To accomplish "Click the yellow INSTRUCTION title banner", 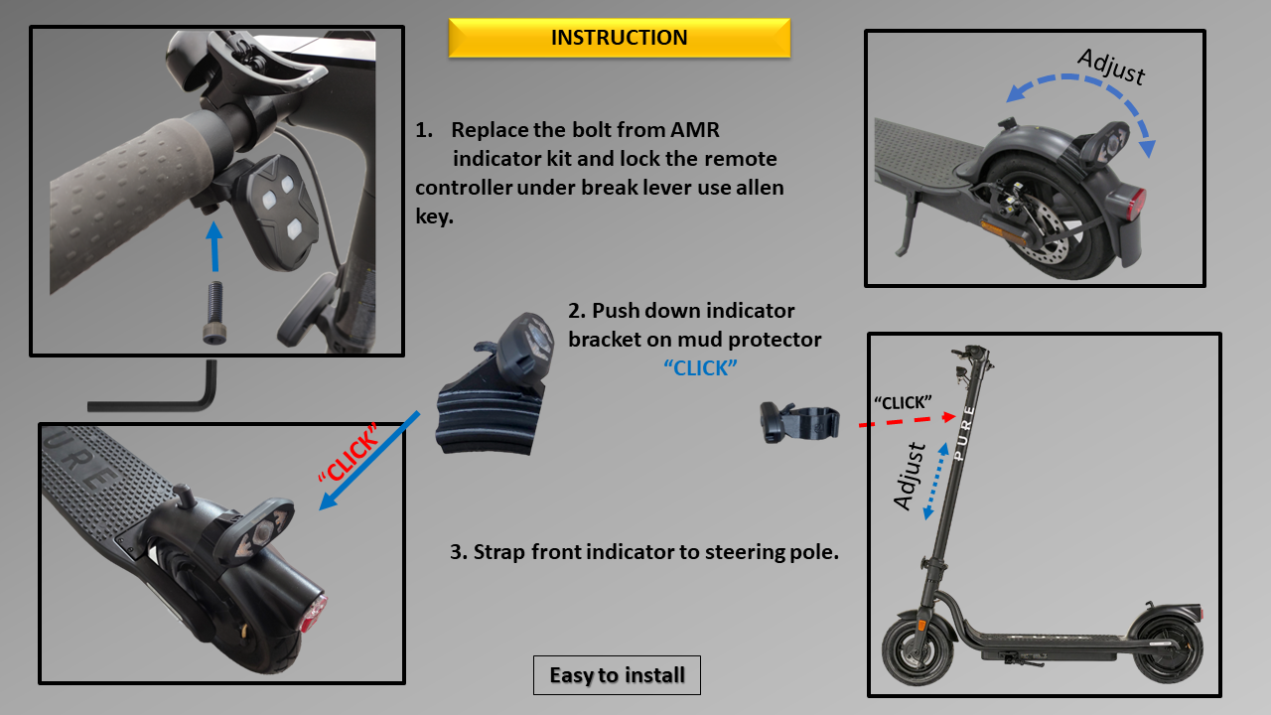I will pyautogui.click(x=619, y=38).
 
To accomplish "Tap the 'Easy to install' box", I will pyautogui.click(x=617, y=675).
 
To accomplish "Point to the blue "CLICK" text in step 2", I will pyautogui.click(x=700, y=367).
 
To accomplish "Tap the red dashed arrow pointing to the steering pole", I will pyautogui.click(x=904, y=419).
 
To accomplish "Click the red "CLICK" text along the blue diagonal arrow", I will pyautogui.click(x=348, y=454).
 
